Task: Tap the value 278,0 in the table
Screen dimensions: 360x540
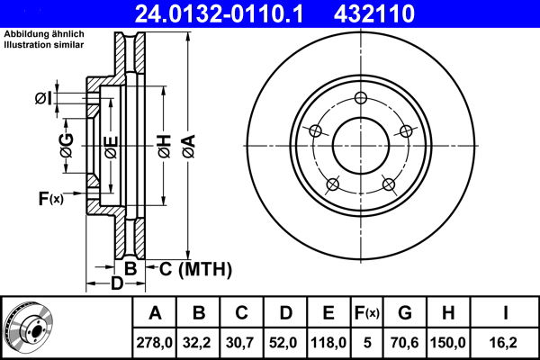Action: pos(156,342)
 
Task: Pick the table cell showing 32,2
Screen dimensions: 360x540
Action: pos(200,342)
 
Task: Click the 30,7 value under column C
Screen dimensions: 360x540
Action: pos(242,342)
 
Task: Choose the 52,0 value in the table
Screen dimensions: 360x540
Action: pos(285,342)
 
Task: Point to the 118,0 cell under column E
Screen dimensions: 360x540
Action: pos(328,342)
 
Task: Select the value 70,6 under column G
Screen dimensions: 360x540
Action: pos(404,342)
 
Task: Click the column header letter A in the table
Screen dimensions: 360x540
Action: pos(156,313)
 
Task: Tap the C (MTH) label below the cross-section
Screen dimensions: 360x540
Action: pos(195,268)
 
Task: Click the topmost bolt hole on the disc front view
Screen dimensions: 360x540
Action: pos(360,99)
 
